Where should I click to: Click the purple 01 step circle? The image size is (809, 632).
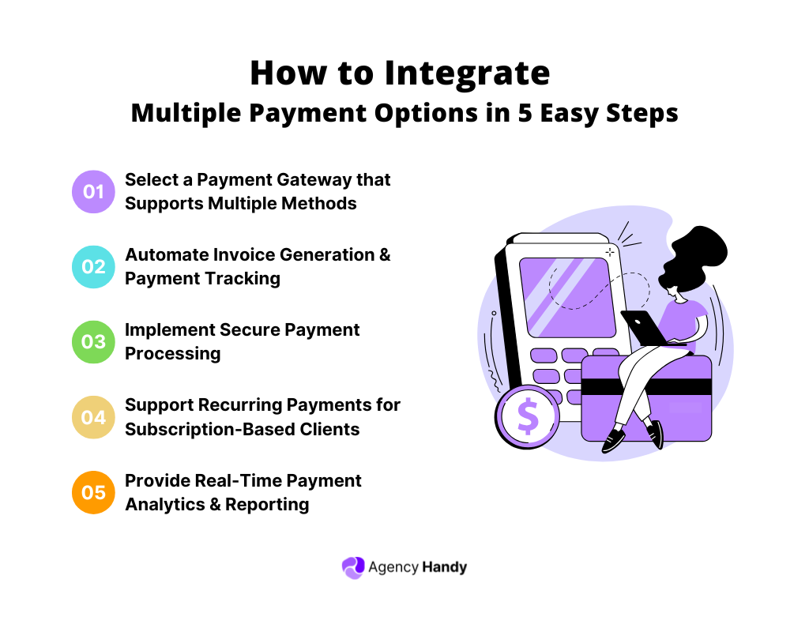coord(93,191)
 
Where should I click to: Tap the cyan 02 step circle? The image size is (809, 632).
coord(93,266)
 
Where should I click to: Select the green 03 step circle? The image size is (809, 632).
coord(93,341)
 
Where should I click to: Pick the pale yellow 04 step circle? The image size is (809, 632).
coord(93,417)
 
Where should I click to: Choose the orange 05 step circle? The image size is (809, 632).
coord(93,492)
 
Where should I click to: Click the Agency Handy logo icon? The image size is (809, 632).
coord(352,567)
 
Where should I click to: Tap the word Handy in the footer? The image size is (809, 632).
coord(444,567)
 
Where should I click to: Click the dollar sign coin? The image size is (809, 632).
coord(528,416)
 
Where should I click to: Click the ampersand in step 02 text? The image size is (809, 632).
coord(383,254)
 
